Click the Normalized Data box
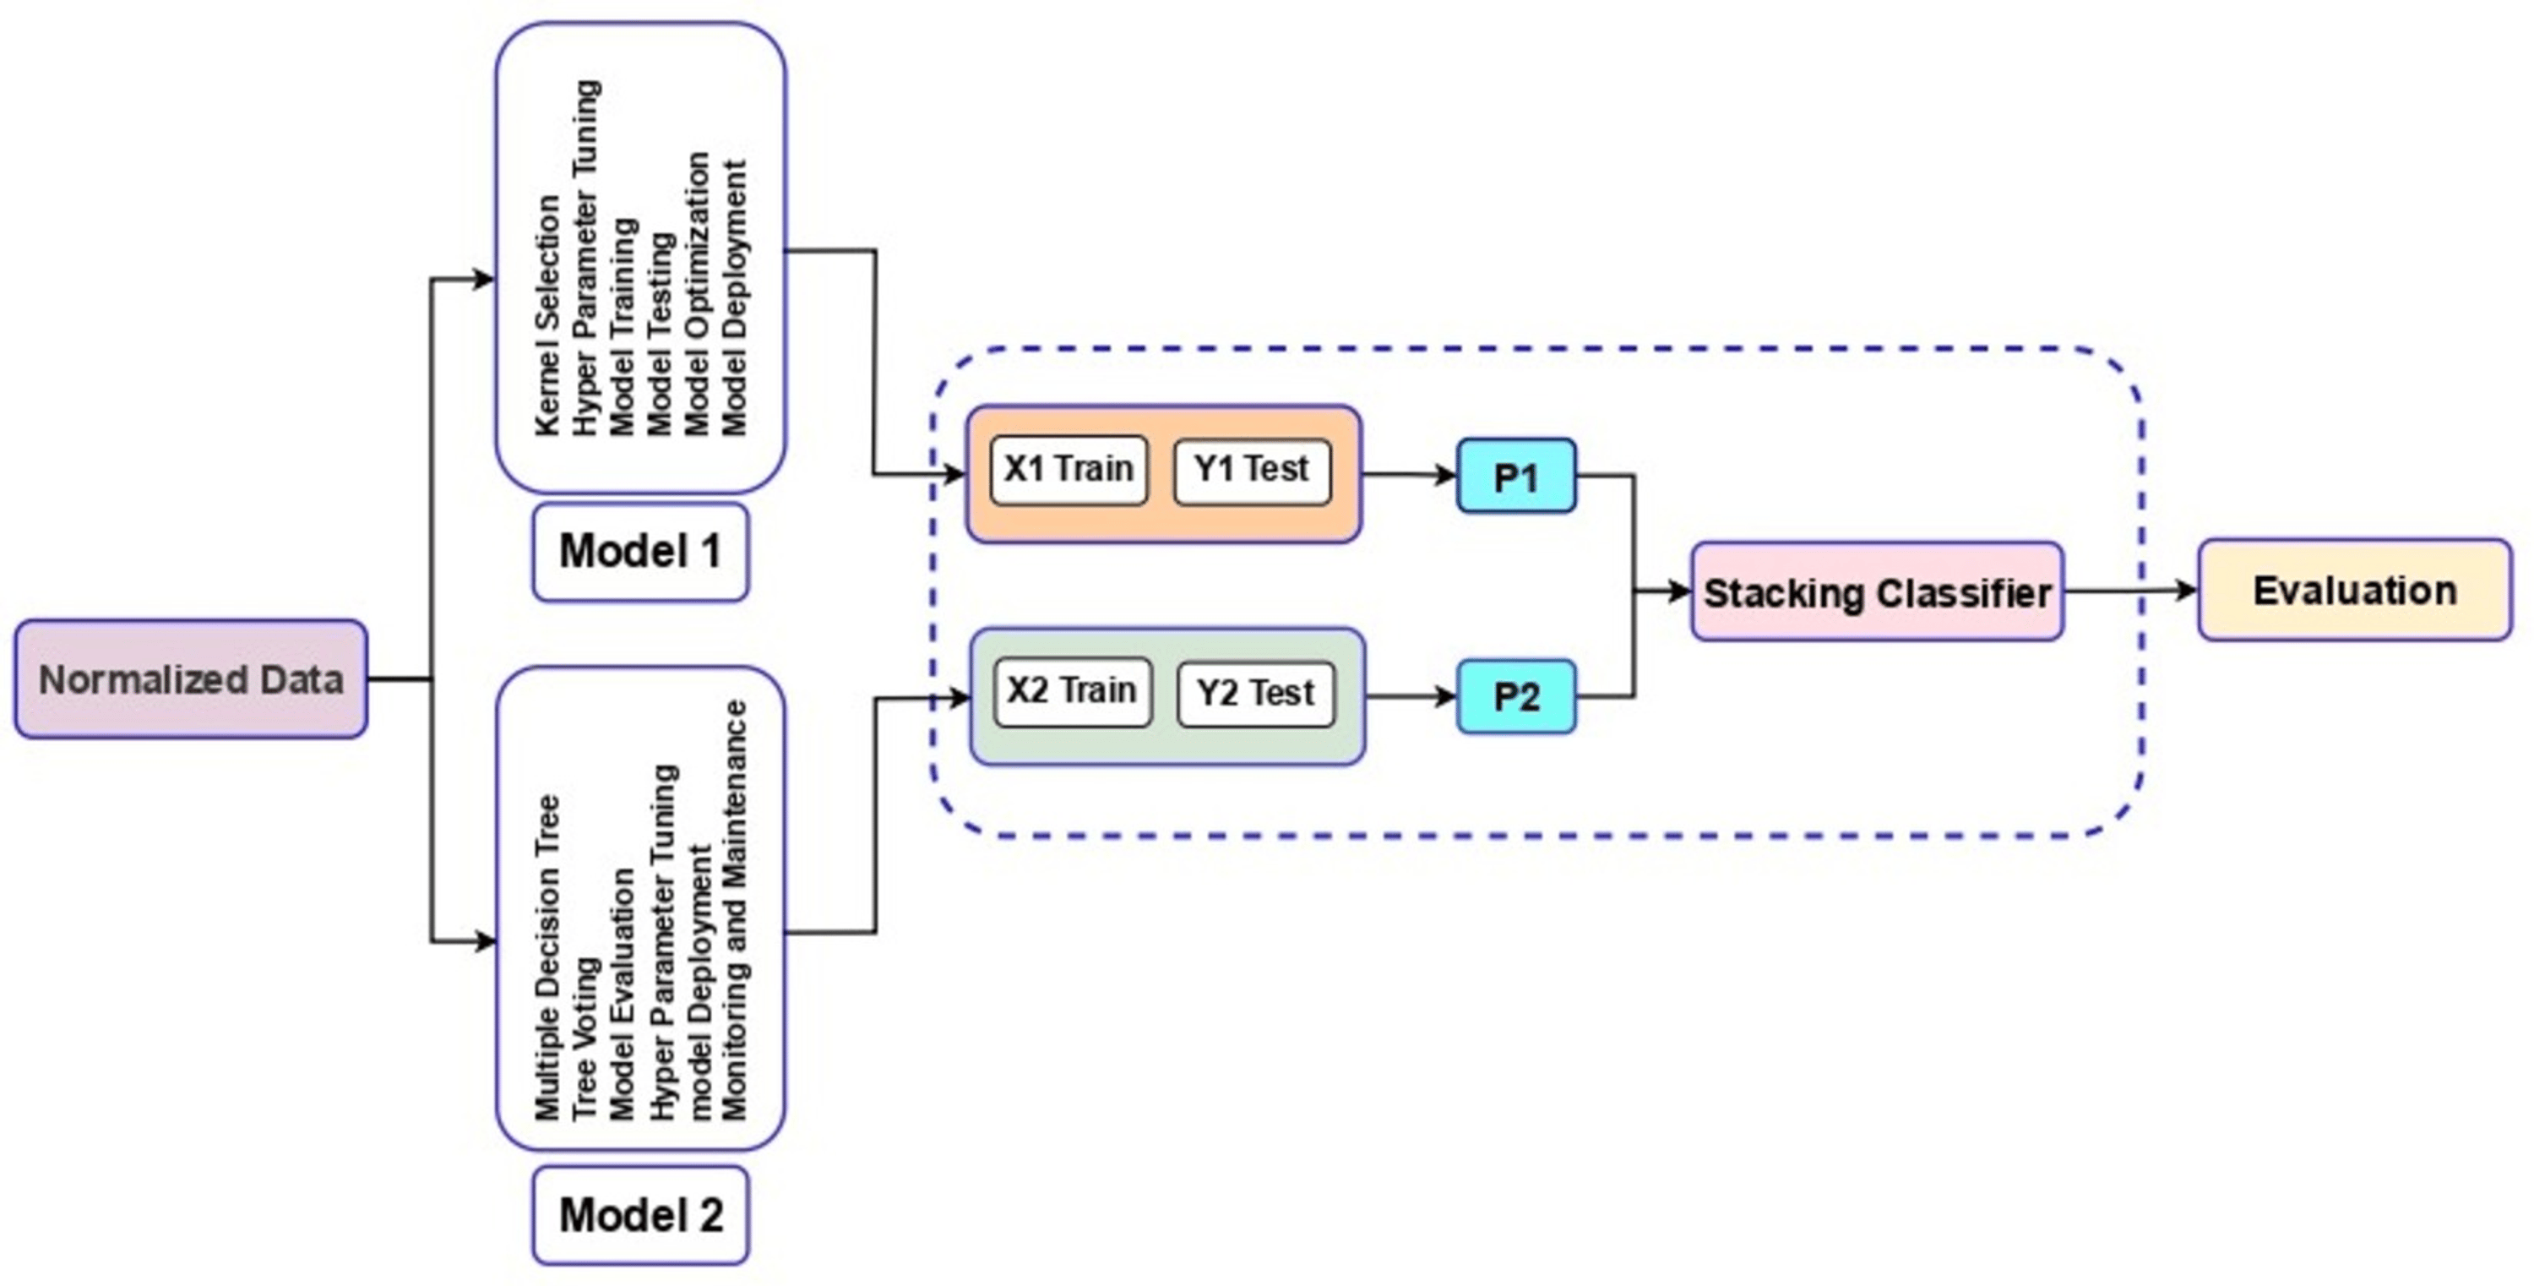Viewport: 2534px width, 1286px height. pos(191,679)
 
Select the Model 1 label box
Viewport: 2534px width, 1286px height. pos(640,551)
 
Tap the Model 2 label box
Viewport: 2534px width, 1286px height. pos(640,1215)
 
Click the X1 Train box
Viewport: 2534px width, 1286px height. pos(1069,469)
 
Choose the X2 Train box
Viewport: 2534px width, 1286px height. pos(1072,692)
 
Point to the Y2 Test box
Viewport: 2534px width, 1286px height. pos(1255,694)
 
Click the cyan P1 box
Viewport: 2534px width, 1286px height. pos(1516,477)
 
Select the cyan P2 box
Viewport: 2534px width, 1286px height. pos(1516,696)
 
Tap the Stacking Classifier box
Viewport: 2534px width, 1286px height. pos(1877,592)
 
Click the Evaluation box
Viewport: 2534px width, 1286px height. pos(2354,591)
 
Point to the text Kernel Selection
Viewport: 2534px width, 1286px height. pos(548,315)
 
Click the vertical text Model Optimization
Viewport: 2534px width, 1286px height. pos(698,293)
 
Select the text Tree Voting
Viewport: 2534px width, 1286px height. pos(585,1038)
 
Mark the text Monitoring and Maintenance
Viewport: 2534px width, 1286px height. pos(735,910)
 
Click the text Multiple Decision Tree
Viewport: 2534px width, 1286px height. pos(548,956)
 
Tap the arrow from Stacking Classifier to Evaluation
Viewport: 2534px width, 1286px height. pos(2129,591)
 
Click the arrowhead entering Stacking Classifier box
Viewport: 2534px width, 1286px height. pos(1679,591)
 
